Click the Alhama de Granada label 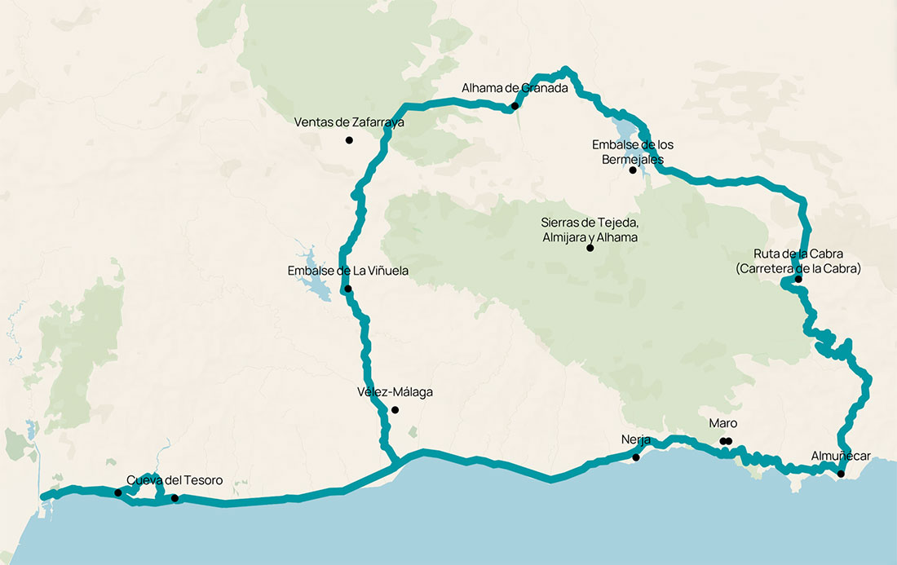coord(514,88)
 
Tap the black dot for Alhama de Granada coord(515,106)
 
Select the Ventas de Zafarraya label coord(349,122)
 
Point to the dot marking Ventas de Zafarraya coord(349,140)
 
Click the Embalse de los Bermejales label coord(633,152)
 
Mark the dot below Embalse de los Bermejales coord(633,170)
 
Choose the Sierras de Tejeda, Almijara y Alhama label coord(590,230)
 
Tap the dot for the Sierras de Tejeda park coord(590,248)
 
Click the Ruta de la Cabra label coord(798,261)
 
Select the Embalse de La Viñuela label coord(347,271)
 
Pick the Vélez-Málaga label coord(395,392)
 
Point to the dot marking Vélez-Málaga coord(395,409)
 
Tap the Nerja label coord(636,440)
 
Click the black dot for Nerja coord(636,457)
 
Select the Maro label coord(722,424)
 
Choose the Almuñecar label coord(841,456)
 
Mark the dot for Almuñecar coord(841,473)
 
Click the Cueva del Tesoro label coord(175,480)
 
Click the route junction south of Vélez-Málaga coord(396,463)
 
